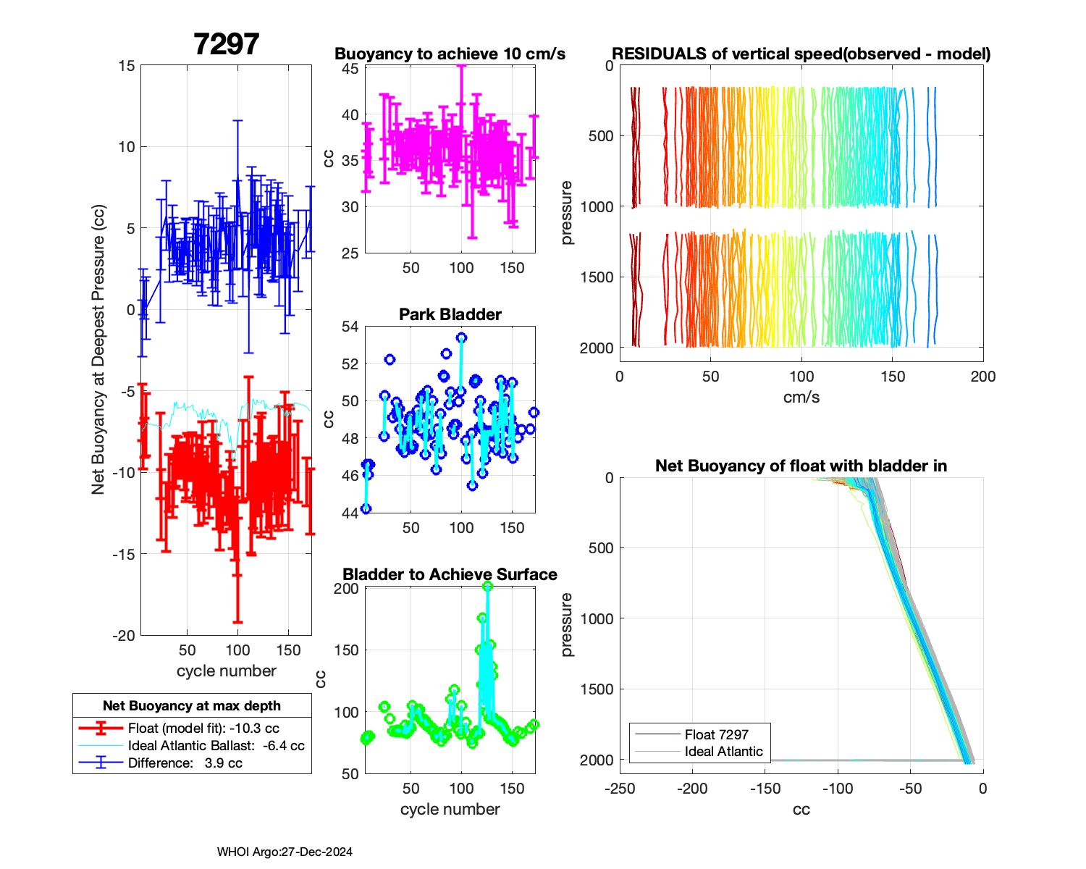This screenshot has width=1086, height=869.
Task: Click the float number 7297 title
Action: [226, 45]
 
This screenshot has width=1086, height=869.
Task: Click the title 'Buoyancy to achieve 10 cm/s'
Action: [450, 54]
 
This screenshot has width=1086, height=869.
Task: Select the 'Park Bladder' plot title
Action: [450, 314]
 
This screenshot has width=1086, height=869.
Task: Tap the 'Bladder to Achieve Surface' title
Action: [450, 574]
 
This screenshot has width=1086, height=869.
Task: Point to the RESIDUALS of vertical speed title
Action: [801, 54]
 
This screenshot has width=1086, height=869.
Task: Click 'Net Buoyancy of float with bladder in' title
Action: [801, 466]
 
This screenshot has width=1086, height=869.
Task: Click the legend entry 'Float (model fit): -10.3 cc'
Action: [203, 729]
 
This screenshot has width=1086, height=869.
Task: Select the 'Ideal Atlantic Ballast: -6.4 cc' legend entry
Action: [216, 746]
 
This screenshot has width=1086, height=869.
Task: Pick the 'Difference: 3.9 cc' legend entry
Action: [185, 763]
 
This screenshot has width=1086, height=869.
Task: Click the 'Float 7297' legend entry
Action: [716, 734]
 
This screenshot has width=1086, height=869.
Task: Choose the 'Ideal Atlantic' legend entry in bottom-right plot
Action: [723, 752]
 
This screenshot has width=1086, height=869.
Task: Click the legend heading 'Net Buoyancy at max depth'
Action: [192, 706]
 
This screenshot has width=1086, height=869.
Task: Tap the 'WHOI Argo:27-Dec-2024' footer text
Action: [285, 852]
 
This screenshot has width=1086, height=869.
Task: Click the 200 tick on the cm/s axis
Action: [982, 377]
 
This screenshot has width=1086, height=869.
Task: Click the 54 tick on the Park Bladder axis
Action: [350, 327]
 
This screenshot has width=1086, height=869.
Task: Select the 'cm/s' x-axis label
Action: [801, 398]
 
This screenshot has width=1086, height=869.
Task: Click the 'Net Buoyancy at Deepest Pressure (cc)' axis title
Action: [98, 350]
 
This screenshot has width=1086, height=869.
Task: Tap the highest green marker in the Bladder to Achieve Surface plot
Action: [487, 587]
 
